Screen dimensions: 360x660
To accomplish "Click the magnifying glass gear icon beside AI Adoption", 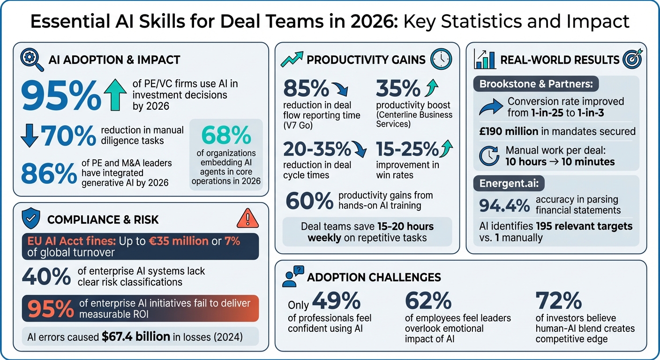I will (32, 60).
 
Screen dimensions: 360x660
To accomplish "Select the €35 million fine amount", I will (177, 241).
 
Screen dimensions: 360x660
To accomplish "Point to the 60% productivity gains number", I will (309, 201).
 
